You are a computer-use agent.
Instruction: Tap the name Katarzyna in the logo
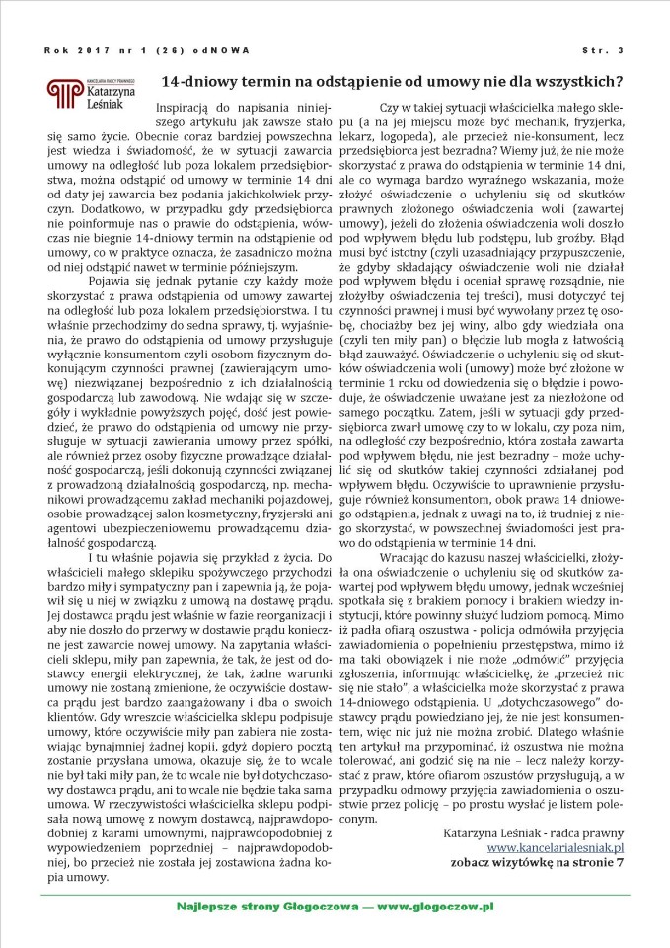[107, 88]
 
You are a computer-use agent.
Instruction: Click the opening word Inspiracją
[186, 105]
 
